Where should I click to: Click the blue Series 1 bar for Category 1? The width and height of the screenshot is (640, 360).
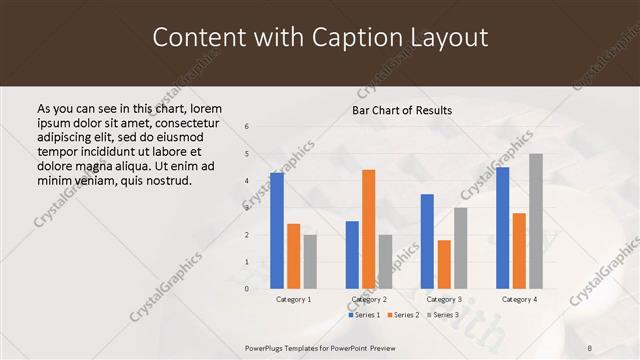(277, 230)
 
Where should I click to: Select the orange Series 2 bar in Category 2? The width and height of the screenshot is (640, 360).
(368, 228)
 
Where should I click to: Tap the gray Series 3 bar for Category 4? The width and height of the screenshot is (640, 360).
(536, 220)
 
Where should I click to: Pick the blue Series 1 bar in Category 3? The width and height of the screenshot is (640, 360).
(427, 241)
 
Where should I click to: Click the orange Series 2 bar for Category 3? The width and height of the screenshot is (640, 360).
(444, 264)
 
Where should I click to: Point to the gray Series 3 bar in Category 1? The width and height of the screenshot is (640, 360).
(310, 261)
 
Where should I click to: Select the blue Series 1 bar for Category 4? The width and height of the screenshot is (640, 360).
(502, 227)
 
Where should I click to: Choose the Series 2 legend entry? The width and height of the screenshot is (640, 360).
(403, 315)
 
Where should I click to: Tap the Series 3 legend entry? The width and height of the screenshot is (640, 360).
(443, 315)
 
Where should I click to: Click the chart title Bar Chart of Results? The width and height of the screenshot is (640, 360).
(402, 110)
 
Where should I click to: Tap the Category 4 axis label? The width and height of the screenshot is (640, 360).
(519, 299)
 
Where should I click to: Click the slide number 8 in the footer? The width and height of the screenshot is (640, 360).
(589, 347)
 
